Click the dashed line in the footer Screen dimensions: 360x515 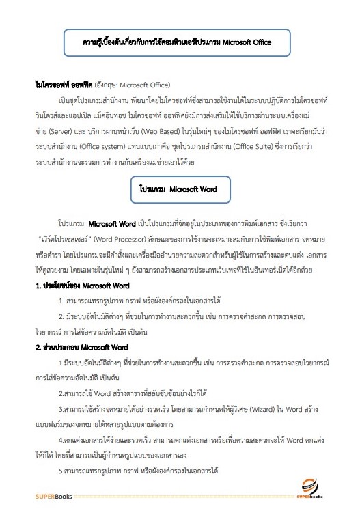tap(184, 495)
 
